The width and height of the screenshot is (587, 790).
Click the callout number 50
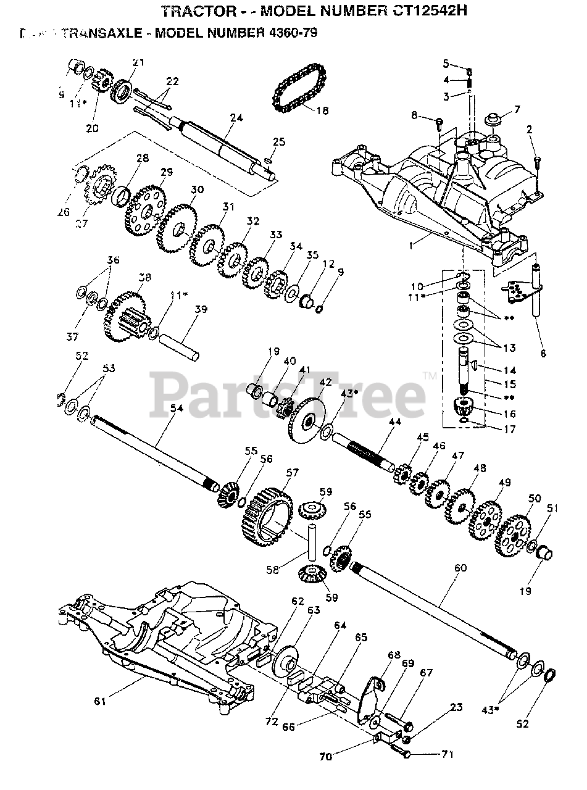point(535,498)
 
